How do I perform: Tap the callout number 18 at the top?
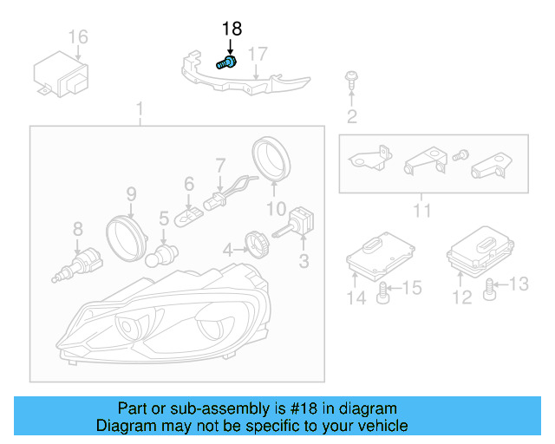232,29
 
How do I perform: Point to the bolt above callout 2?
351,79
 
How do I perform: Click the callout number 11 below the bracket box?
421,210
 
